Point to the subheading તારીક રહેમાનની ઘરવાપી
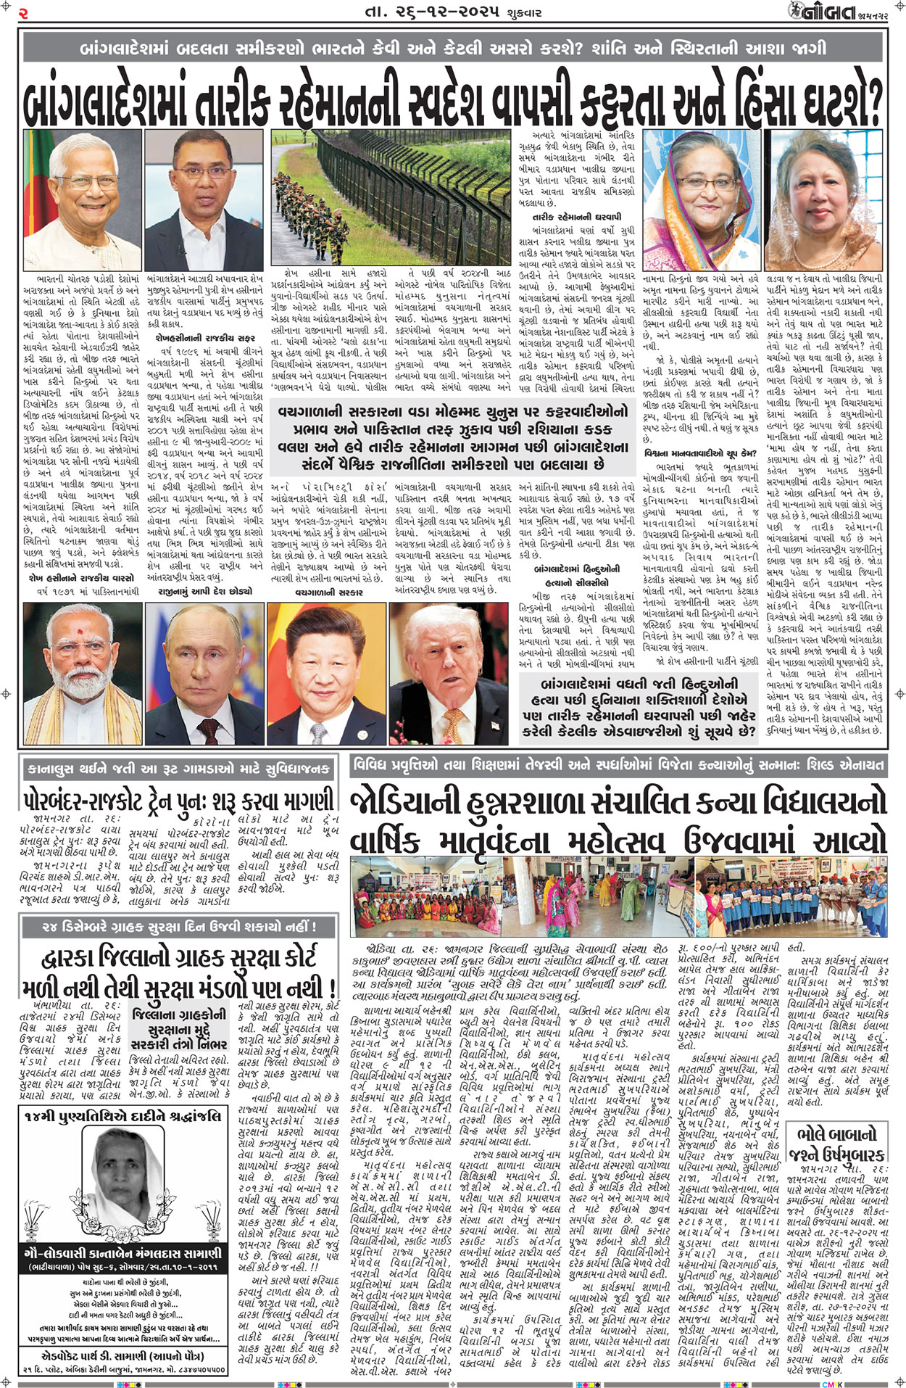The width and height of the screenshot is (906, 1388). (577, 217)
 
